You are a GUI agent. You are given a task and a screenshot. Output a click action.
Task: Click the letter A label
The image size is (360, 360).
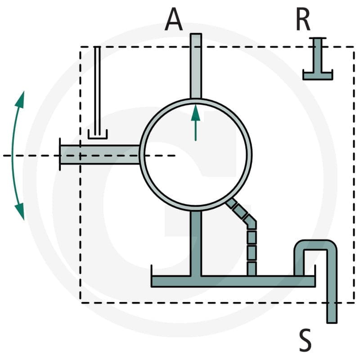pos(174,19)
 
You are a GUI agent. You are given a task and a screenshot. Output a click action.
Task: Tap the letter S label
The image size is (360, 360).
pos(305,340)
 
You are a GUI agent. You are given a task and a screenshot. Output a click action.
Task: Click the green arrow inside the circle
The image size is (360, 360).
pos(196,122)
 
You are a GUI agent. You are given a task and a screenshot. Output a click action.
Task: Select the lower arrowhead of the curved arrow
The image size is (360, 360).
pos(20,211)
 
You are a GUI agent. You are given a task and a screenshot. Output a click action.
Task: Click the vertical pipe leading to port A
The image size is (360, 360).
pos(196,66)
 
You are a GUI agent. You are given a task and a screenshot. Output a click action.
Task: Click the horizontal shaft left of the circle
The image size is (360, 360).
pos(100,154)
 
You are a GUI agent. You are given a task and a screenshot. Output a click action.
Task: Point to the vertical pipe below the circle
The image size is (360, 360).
pos(196,243)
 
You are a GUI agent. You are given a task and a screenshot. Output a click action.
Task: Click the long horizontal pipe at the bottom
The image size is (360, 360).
pos(233,281)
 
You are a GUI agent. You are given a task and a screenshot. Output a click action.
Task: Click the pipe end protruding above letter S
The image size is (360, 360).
pos(332,313)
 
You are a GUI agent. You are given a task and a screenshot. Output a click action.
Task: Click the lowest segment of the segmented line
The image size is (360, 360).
pos(252,269)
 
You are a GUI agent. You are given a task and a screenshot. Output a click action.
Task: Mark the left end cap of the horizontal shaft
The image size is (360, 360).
pos(60,154)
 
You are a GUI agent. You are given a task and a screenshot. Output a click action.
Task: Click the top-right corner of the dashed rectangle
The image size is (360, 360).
pos(354,47)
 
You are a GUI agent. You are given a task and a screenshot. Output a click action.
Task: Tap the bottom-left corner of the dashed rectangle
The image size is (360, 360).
pos(81,303)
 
